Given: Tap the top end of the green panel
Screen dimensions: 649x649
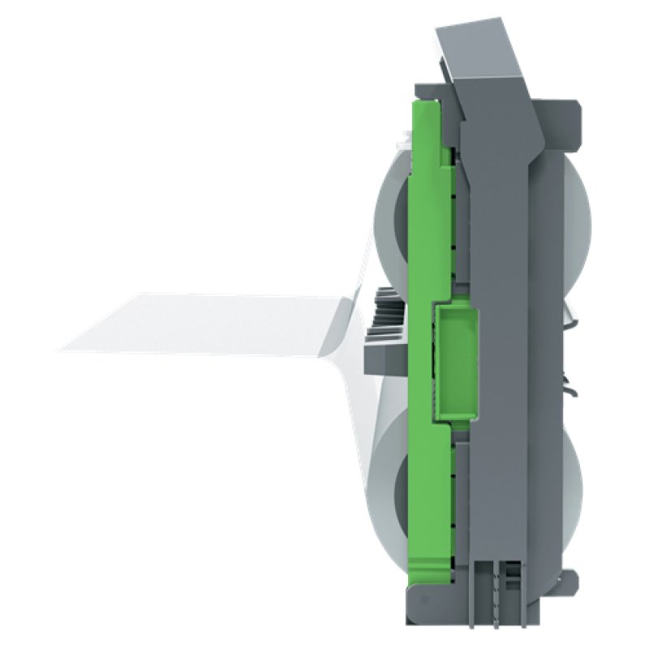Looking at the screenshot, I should click(426, 110).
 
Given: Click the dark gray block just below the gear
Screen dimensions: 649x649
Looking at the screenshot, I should click(386, 357).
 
